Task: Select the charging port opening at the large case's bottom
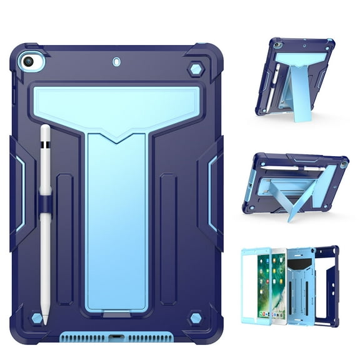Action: [x=117, y=341]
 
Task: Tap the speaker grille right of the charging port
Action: [x=153, y=341]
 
